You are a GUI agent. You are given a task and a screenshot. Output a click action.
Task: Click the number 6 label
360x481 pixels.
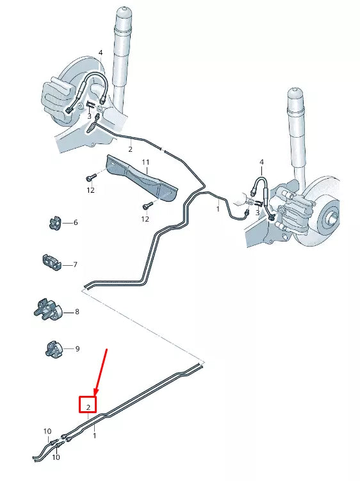tap(76, 222)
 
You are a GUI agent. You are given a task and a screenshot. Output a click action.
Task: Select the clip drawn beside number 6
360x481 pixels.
tap(54, 222)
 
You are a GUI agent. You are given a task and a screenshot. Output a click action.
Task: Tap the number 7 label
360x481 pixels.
tap(76, 264)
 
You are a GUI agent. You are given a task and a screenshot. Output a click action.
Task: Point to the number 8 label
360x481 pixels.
tap(77, 312)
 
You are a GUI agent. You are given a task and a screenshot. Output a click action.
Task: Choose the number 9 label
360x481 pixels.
tap(77, 349)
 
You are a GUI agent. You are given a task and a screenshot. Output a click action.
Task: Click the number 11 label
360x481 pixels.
tap(145, 162)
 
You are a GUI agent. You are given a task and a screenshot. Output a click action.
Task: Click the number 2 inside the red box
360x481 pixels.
tap(88, 405)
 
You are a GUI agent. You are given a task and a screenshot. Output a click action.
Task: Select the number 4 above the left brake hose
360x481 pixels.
tap(101, 53)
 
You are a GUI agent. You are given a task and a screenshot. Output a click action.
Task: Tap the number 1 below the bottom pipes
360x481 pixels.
tap(95, 436)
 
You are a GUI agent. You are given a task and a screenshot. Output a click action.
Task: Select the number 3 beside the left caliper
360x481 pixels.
tap(90, 116)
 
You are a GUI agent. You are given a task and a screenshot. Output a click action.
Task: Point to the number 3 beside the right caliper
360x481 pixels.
tap(257, 212)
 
